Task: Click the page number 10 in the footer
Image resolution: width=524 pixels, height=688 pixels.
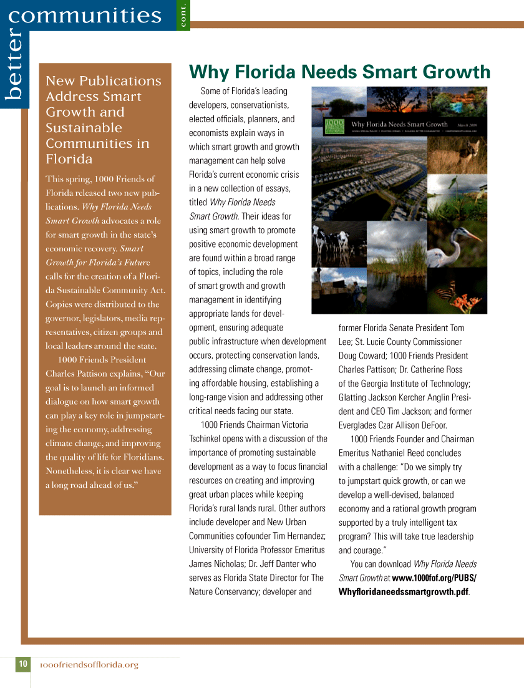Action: pos(23,664)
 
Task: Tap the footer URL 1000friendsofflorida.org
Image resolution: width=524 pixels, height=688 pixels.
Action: pos(89,665)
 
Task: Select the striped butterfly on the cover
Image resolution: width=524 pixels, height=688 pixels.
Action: pos(446,291)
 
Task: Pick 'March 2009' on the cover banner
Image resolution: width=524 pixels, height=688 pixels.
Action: pos(467,125)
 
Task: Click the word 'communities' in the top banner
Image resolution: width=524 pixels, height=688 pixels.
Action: pos(85,14)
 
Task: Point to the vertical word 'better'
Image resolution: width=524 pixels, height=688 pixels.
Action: pos(14,65)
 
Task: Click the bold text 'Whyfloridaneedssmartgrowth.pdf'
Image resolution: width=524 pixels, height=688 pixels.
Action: pos(403,592)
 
